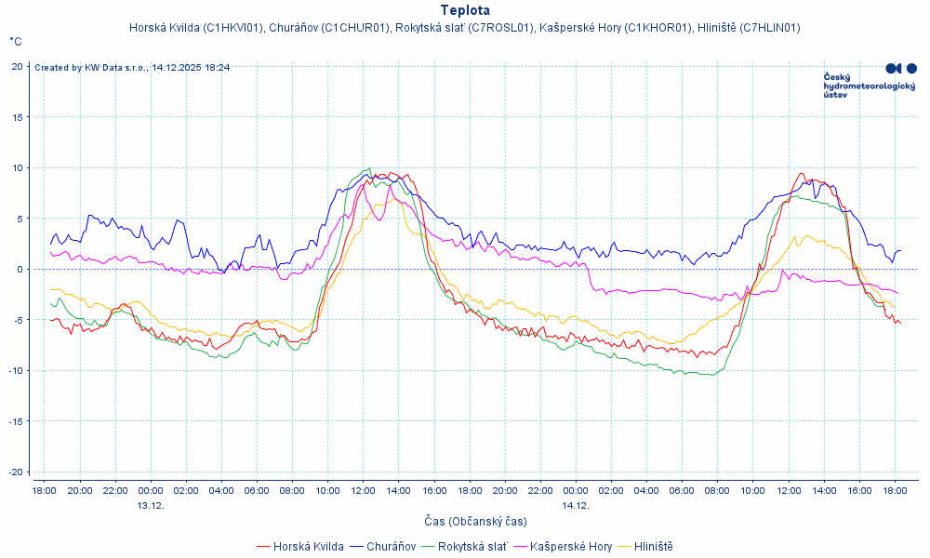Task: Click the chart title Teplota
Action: (465, 10)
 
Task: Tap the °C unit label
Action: (16, 42)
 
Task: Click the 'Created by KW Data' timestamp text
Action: (132, 67)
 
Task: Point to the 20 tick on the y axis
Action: (18, 66)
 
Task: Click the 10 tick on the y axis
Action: (18, 167)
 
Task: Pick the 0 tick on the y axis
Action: (20, 269)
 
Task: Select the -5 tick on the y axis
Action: (18, 320)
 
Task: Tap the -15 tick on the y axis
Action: (16, 421)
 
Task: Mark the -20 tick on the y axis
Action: (16, 472)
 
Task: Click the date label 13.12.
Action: (151, 505)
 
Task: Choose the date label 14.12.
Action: (576, 505)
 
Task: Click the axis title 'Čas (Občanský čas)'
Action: (476, 522)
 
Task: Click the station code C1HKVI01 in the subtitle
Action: (232, 28)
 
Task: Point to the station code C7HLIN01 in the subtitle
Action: (768, 28)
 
